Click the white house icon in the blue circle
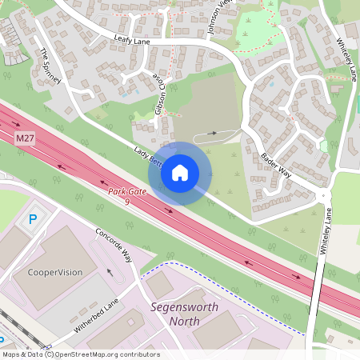point(180,173)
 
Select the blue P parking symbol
point(33,218)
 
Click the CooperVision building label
point(55,272)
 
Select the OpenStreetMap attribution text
point(80,354)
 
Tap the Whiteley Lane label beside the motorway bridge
point(326,231)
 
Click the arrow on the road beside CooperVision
point(110,271)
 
